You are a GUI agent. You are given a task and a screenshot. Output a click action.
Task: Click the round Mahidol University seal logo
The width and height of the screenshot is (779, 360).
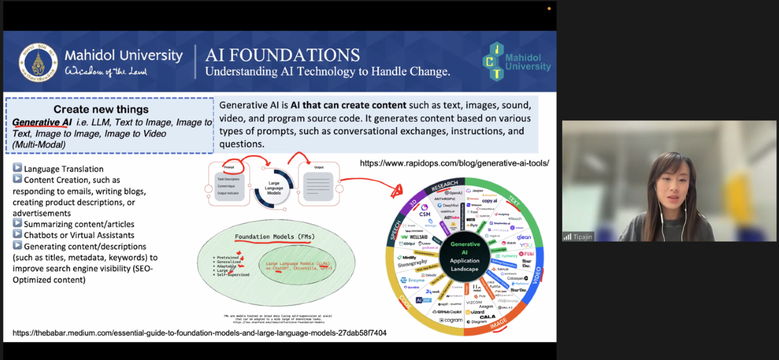coord(38,62)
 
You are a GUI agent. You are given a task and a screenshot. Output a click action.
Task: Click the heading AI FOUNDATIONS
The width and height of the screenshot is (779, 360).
coord(282,55)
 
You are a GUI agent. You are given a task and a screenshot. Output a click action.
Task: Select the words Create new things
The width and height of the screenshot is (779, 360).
coord(101,109)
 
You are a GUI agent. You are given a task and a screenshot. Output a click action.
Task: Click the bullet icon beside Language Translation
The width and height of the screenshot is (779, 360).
coord(17,168)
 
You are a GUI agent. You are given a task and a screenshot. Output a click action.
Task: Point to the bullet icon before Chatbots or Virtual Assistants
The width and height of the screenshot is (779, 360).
coord(17,235)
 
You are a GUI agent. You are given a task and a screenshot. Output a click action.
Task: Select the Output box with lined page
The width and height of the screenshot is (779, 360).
coord(319,183)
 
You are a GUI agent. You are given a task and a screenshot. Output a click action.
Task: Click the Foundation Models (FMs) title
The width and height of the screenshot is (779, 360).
coord(274,237)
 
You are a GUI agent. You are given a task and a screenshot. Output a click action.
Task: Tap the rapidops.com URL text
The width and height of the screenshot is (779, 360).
coord(454,163)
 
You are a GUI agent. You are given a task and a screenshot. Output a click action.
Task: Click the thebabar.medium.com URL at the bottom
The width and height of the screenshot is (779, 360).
coord(200,333)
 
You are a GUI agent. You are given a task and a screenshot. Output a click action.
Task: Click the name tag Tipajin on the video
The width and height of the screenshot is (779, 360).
coord(582,236)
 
